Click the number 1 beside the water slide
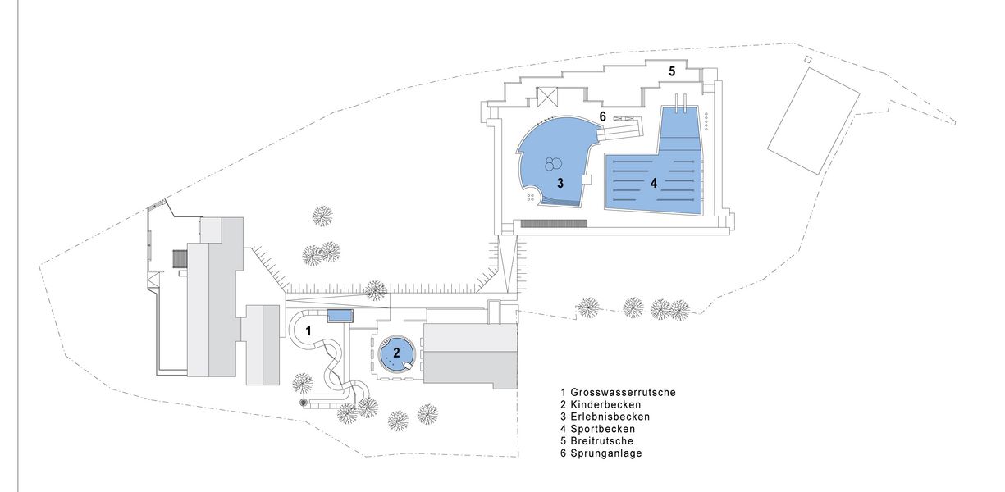(308, 331)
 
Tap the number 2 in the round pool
(396, 353)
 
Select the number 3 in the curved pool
(560, 183)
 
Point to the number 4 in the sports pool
(654, 183)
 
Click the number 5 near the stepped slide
(672, 71)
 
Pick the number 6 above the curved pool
(602, 116)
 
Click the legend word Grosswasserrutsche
(623, 393)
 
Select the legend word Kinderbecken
(605, 404)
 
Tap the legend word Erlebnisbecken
(610, 417)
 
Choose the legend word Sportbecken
(602, 429)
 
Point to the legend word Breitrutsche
(601, 441)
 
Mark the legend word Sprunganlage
(606, 453)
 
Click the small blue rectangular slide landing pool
(340, 316)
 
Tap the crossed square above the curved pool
(547, 97)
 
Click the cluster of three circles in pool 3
(553, 164)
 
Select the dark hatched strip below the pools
(554, 223)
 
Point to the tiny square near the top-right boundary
(807, 59)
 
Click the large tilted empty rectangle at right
(813, 121)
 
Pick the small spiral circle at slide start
(304, 403)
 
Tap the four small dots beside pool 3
(530, 198)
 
